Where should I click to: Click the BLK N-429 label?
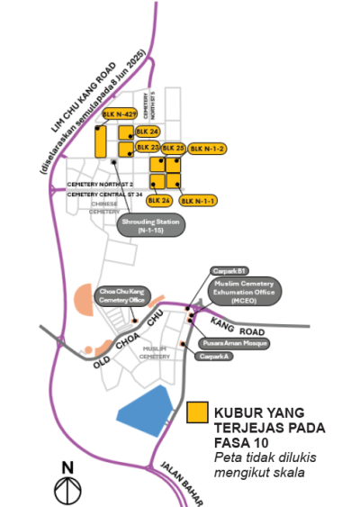(x=119, y=114)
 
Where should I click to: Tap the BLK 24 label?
(x=147, y=131)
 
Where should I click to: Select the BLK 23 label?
(x=147, y=147)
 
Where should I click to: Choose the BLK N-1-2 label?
(x=208, y=147)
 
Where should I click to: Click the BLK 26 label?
(x=158, y=200)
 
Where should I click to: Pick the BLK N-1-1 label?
(x=198, y=200)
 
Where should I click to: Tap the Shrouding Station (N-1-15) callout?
(x=151, y=225)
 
